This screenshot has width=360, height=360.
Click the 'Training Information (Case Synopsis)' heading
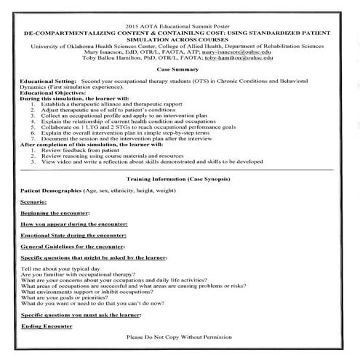[x=179, y=178]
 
